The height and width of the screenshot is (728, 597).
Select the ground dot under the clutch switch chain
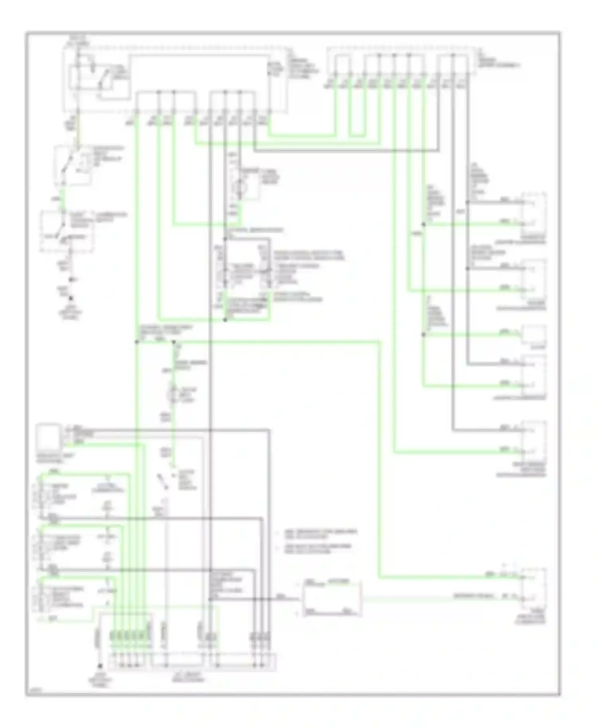[x=72, y=298]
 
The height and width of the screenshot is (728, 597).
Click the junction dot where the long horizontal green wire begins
[x=174, y=342]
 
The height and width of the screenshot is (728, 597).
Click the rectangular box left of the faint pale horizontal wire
[x=332, y=599]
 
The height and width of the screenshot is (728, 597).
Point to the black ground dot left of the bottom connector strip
[x=101, y=665]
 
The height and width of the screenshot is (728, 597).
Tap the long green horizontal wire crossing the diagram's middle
[x=279, y=341]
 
